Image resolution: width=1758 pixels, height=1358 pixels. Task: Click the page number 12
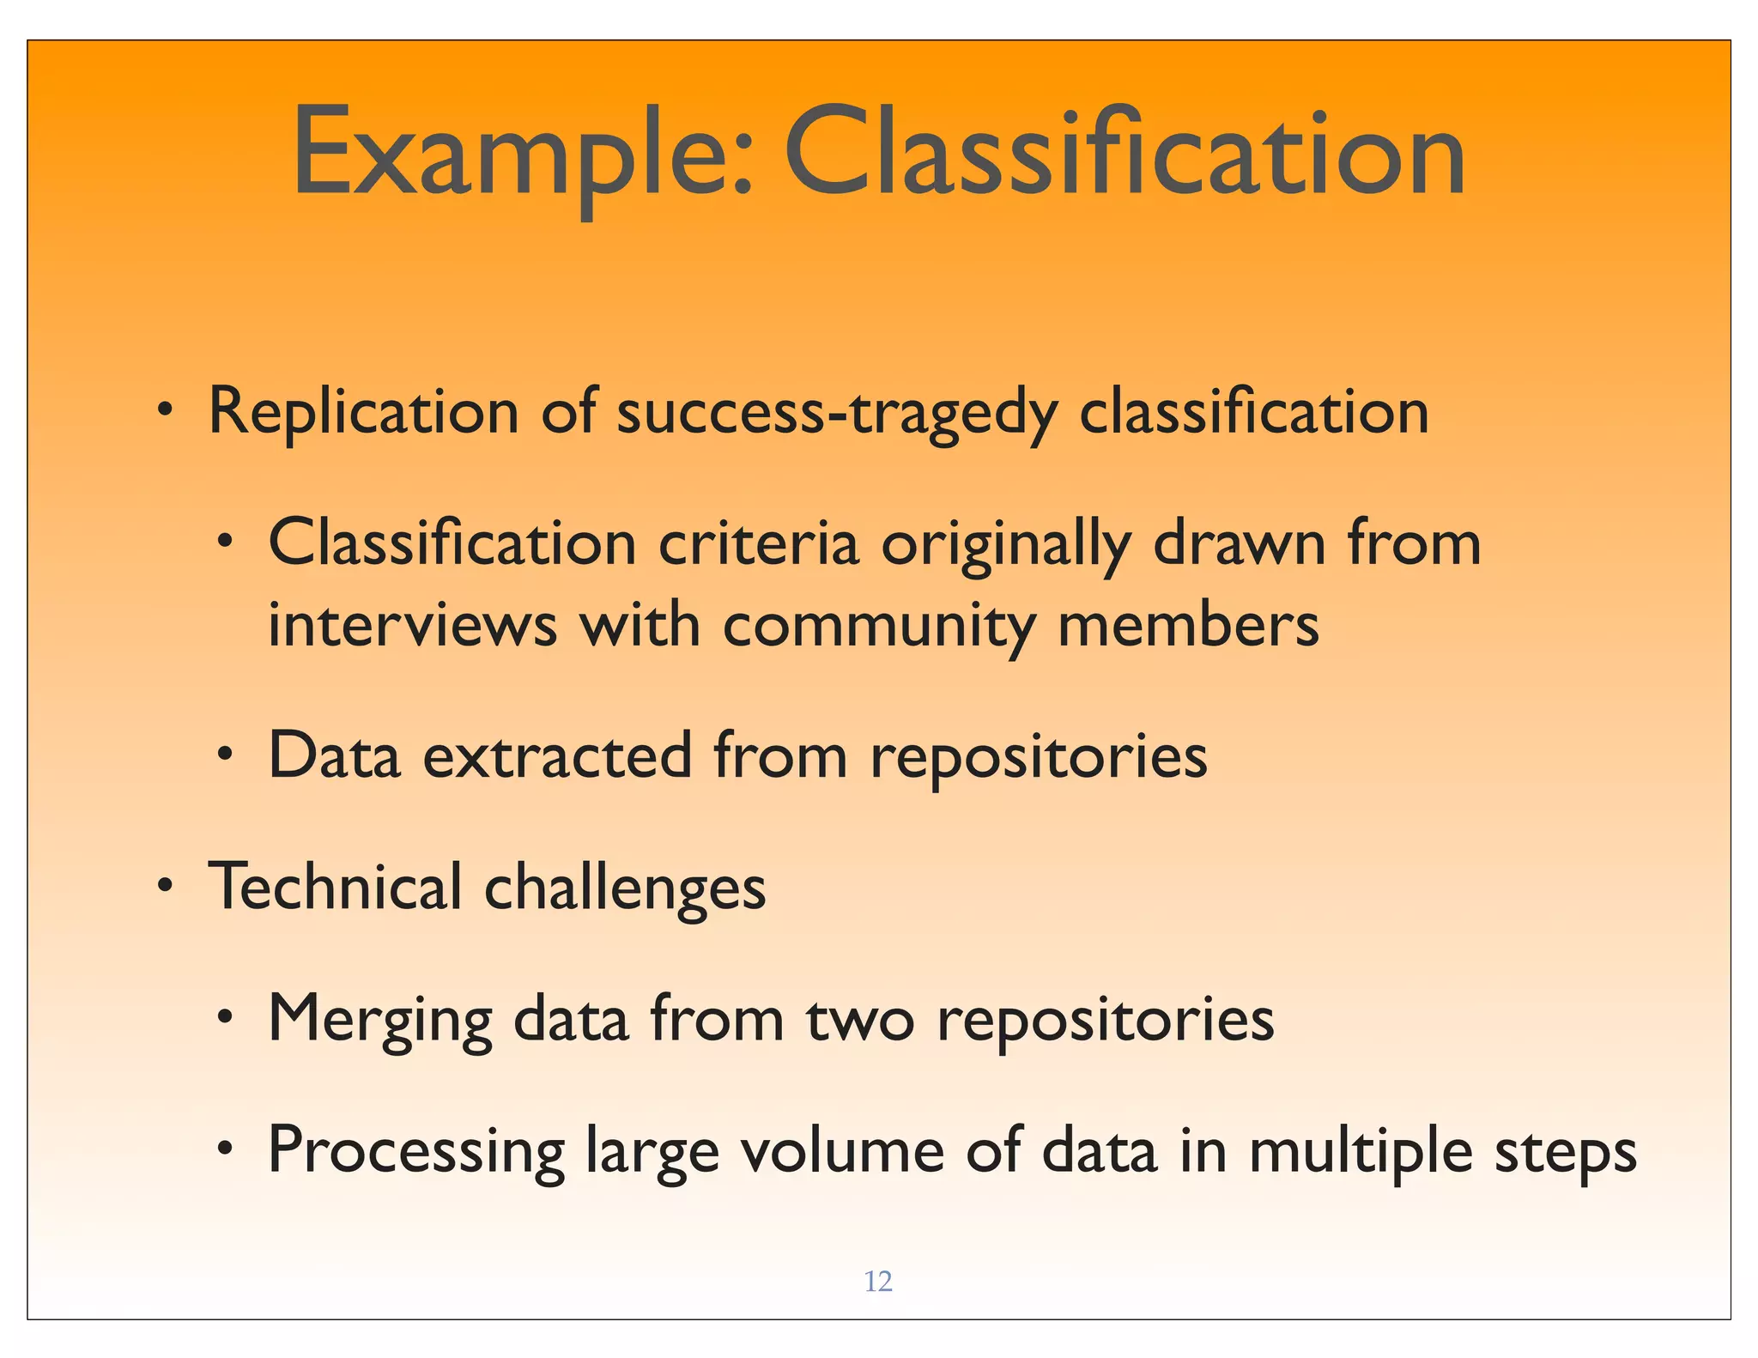877,1282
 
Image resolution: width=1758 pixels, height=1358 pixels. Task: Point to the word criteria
758,543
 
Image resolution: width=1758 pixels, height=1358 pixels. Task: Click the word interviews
412,625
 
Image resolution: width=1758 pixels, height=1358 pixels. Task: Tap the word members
1188,625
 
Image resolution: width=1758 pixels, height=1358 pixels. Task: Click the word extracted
558,755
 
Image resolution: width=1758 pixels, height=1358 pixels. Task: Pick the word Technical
336,886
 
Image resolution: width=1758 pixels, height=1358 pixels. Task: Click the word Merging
380,1020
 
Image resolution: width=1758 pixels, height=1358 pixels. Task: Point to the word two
860,1020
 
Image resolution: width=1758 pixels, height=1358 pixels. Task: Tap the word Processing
416,1152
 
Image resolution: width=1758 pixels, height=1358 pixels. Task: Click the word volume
842,1150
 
